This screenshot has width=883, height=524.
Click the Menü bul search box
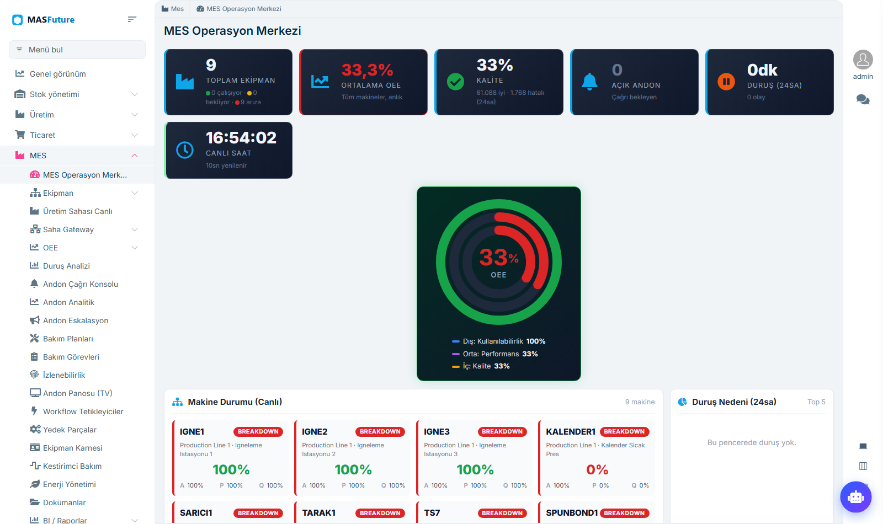[x=77, y=50]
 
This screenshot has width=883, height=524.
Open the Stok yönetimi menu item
[x=55, y=94]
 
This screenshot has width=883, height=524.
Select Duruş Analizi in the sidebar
[x=66, y=266]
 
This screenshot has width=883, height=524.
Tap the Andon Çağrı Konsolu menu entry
[x=81, y=284]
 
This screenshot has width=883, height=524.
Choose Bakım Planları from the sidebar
[x=68, y=339]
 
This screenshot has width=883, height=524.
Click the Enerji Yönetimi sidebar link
[x=70, y=484]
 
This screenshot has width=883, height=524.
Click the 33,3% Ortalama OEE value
[x=368, y=70]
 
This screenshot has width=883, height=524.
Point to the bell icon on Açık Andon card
[x=589, y=82]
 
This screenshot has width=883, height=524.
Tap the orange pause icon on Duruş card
[x=726, y=82]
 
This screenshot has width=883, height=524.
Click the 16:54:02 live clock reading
[x=241, y=138]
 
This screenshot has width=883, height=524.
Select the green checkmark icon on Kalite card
[x=455, y=82]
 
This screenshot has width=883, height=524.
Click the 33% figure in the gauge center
[x=499, y=258]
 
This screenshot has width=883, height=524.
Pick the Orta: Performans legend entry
[x=494, y=354]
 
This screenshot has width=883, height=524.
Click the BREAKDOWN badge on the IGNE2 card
[x=380, y=431]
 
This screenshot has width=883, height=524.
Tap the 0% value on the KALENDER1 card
[x=597, y=469]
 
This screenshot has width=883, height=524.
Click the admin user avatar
[x=863, y=60]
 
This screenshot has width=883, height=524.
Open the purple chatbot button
[x=856, y=497]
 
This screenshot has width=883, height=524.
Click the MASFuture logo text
[x=51, y=20]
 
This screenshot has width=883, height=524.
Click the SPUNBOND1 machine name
[x=572, y=512]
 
